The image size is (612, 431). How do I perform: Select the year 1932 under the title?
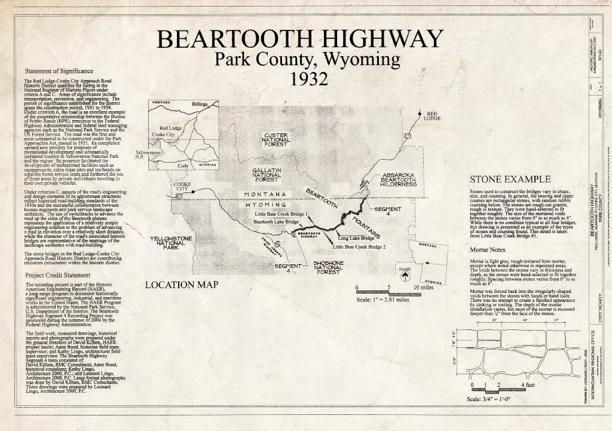pyautogui.click(x=307, y=78)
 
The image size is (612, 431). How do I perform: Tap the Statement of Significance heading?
pyautogui.click(x=59, y=71)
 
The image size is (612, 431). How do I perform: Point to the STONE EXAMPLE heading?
pyautogui.click(x=510, y=179)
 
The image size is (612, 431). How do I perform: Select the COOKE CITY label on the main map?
pyautogui.click(x=180, y=186)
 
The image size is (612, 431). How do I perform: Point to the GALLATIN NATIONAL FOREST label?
pyautogui.click(x=262, y=174)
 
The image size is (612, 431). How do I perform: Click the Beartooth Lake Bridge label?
pyautogui.click(x=276, y=222)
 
